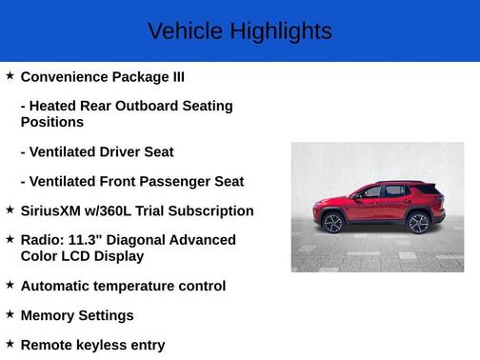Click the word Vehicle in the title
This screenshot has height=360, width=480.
(182, 31)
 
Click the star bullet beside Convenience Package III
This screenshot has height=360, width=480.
(10, 75)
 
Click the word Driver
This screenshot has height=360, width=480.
(120, 151)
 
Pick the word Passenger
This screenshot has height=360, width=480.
(182, 181)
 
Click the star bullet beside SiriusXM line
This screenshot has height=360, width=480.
(10, 210)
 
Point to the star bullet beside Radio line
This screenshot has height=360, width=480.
(10, 239)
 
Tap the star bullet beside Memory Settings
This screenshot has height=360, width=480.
(10, 314)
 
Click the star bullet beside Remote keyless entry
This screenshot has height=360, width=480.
(10, 344)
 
